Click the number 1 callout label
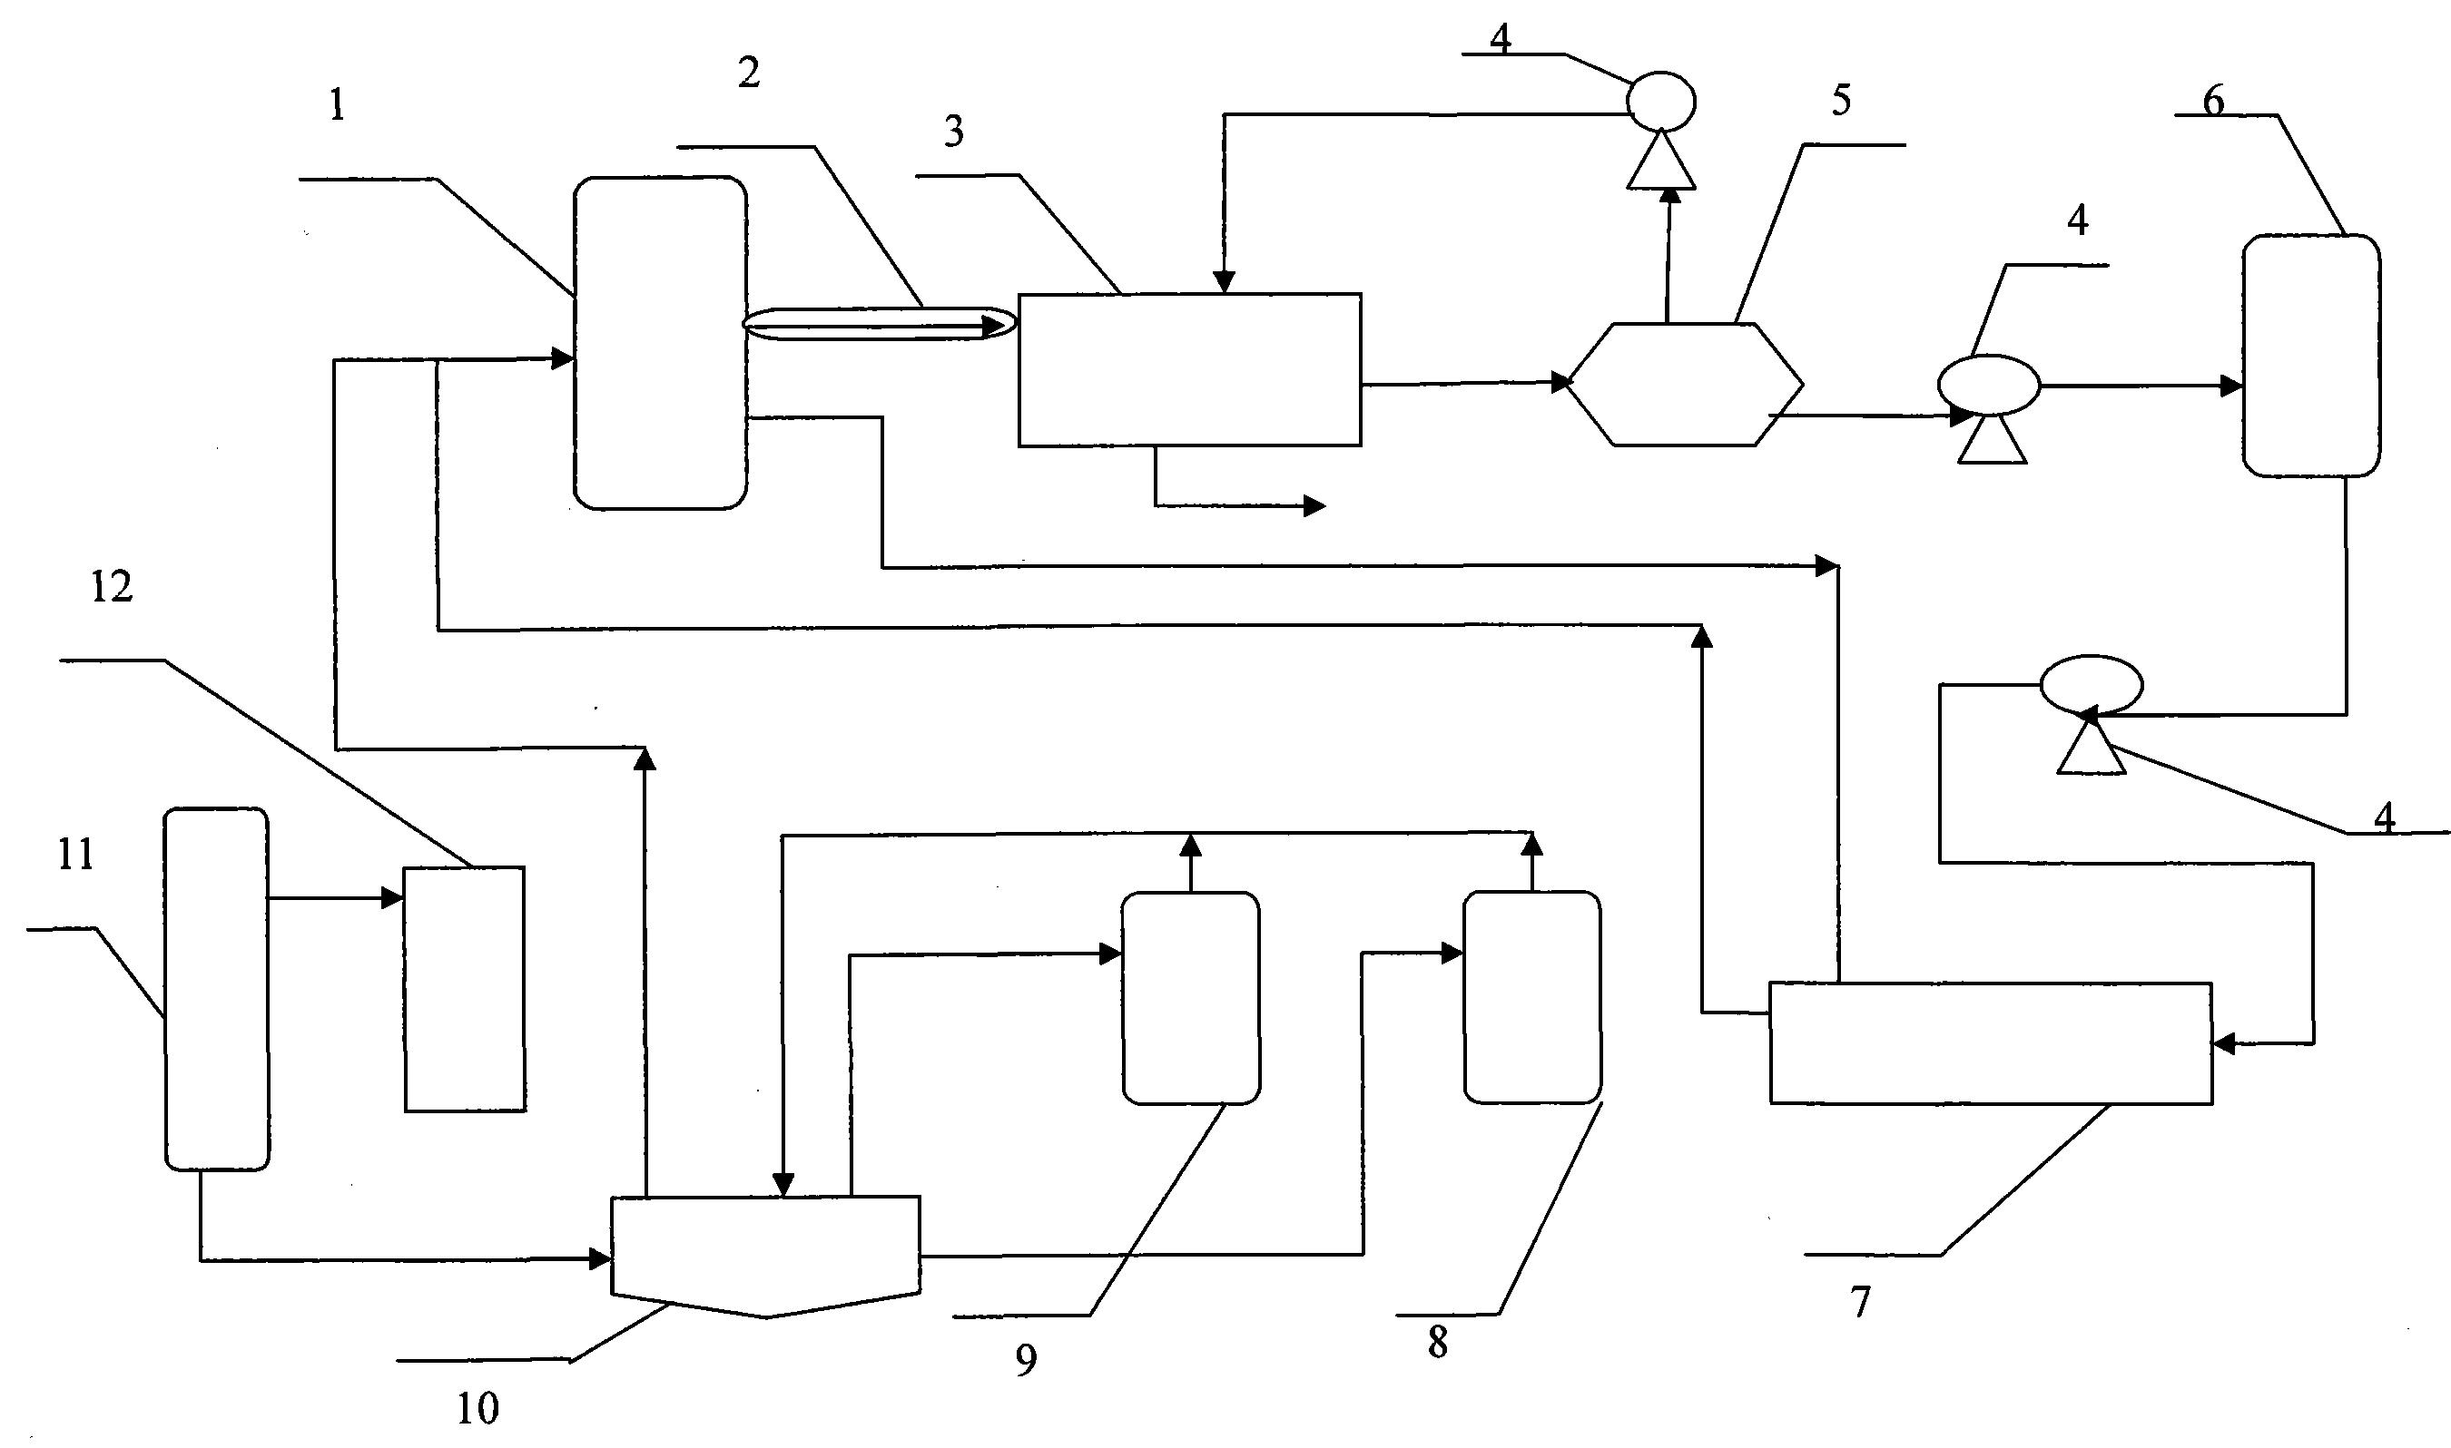pos(337,105)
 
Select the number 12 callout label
pos(112,587)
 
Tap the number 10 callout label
pos(477,1407)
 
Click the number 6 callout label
pos(2213,100)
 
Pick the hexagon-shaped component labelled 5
pos(1685,385)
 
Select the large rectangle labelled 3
pos(1189,370)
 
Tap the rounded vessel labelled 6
pos(2310,357)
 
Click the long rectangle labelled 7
pos(1990,1043)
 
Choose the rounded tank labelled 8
pos(1531,997)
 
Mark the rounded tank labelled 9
pos(1191,998)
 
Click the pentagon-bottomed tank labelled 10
pos(765,1252)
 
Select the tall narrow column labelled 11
pos(216,987)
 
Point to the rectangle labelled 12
pos(465,988)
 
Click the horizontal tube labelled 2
pos(879,324)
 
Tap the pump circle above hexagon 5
pos(1660,102)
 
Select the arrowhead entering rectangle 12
pos(393,897)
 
